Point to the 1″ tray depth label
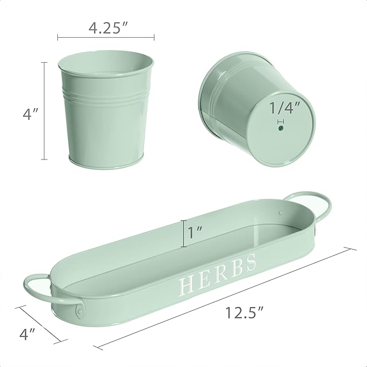click(x=196, y=233)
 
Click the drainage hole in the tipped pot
click(x=280, y=129)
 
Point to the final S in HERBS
click(x=250, y=263)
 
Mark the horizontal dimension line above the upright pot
click(x=106, y=37)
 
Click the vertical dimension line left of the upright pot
click(x=44, y=111)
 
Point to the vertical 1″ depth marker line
click(x=183, y=233)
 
